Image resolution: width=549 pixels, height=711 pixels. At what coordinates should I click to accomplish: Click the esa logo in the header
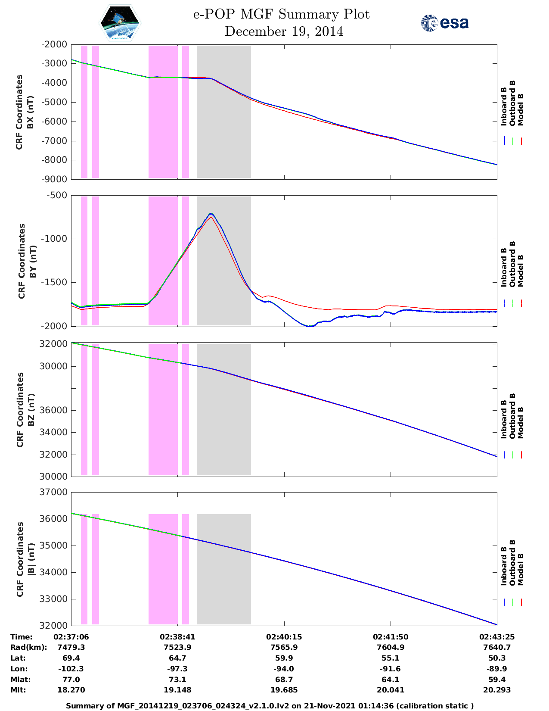point(445,23)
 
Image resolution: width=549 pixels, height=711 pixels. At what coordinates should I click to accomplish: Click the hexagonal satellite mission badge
point(120,23)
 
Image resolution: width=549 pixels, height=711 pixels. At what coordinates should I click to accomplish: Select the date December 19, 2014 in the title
point(284,31)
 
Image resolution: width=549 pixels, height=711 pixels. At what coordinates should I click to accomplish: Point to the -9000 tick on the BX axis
point(54,179)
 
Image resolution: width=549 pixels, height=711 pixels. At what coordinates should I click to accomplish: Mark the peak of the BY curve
point(211,214)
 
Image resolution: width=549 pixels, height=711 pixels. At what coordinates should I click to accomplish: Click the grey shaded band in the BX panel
point(223,112)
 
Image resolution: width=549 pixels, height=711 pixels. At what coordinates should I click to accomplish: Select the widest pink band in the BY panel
point(163,261)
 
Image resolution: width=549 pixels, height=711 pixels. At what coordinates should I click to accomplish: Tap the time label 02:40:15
point(284,637)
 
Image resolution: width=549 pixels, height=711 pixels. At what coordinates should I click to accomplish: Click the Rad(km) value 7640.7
point(497,647)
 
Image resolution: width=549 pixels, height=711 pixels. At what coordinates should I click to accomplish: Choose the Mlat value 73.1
point(177,680)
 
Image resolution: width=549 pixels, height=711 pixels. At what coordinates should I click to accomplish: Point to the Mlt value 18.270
point(71,690)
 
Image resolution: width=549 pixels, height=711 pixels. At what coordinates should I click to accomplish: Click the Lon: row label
point(19,669)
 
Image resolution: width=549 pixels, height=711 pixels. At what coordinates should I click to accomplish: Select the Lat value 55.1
point(391,658)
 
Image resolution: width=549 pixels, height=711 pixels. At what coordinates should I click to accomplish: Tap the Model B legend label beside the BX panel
point(521,109)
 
